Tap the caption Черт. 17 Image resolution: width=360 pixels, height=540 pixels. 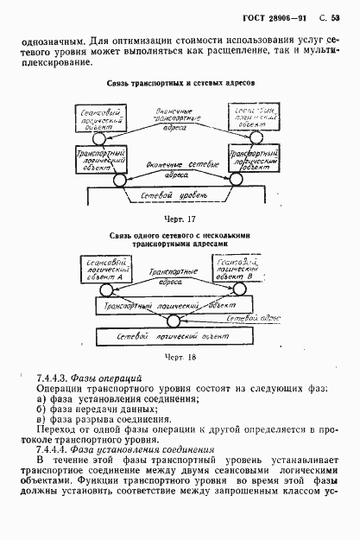point(180,219)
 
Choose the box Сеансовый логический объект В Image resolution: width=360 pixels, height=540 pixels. point(247,267)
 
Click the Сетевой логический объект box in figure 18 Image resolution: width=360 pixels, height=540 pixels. point(180,333)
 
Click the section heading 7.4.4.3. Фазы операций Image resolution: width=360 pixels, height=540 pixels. point(84,378)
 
